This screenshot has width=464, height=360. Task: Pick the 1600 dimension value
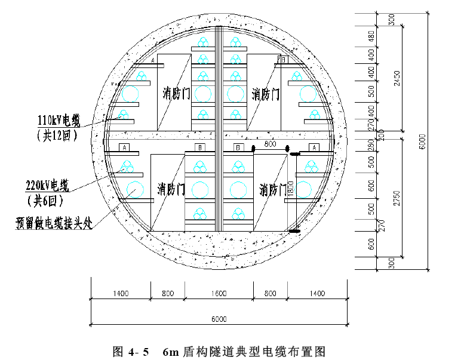click(x=219, y=294)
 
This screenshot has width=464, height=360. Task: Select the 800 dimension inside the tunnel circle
click(x=269, y=144)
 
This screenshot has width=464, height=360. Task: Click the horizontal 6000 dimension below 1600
click(x=219, y=319)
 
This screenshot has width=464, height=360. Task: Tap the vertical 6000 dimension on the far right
click(x=422, y=141)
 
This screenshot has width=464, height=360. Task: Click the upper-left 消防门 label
click(x=176, y=94)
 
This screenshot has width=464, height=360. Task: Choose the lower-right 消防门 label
click(x=273, y=190)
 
